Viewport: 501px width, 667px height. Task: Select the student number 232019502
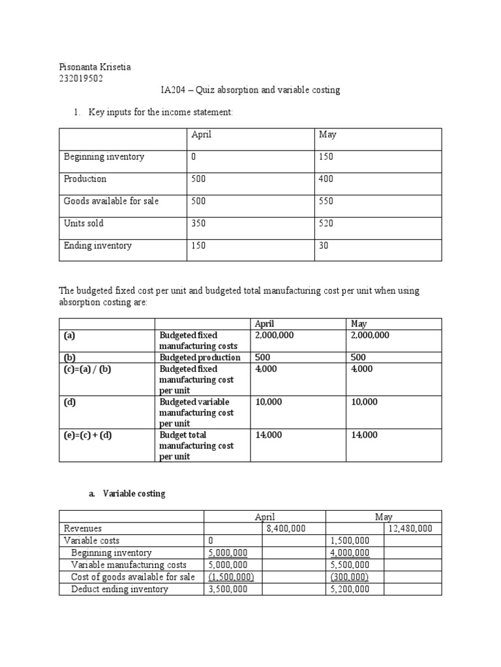coord(82,79)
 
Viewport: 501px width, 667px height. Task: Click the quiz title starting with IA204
coord(250,91)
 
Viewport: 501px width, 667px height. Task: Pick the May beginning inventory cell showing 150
coord(326,157)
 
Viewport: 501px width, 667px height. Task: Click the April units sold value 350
coord(198,223)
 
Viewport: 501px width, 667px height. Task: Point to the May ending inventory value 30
coord(324,246)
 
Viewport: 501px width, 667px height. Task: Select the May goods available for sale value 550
coord(326,201)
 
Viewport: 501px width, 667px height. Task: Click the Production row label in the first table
coord(85,179)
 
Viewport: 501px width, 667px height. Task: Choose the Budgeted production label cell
coord(200,357)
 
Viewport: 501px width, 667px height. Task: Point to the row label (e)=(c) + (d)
coord(88,434)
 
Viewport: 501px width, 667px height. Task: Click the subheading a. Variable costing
coord(127,494)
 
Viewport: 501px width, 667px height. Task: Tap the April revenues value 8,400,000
coord(286,529)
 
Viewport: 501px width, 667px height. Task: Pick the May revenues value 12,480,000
coord(410,529)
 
